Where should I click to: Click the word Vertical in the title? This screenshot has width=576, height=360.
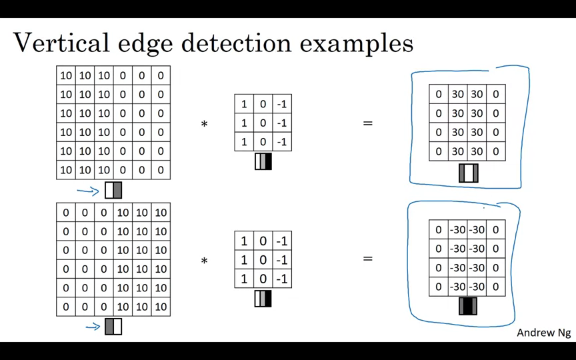point(61,43)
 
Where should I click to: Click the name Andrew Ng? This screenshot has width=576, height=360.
point(543,333)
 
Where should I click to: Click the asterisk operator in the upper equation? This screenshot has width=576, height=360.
point(204,125)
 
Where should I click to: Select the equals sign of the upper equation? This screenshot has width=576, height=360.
point(367,123)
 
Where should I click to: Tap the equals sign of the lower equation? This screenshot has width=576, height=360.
point(367,259)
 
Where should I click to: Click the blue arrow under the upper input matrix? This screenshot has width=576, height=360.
point(88,191)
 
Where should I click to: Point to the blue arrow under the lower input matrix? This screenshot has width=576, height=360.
point(93,327)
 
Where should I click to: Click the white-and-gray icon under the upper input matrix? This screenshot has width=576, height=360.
point(113,191)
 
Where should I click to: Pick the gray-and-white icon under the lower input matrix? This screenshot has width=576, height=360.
point(113,327)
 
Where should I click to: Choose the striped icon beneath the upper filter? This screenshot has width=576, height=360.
point(263,161)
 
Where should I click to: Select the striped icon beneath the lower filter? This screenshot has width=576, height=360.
point(263,299)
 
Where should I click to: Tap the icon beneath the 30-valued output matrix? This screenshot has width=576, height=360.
point(469,173)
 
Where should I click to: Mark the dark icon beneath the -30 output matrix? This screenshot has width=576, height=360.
point(468,306)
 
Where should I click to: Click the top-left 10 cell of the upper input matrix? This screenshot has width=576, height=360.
point(66,75)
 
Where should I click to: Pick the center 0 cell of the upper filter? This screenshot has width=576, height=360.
point(263,123)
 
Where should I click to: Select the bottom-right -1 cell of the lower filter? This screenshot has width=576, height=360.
point(282,279)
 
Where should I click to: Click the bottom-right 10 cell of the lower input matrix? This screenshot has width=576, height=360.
point(161,307)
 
